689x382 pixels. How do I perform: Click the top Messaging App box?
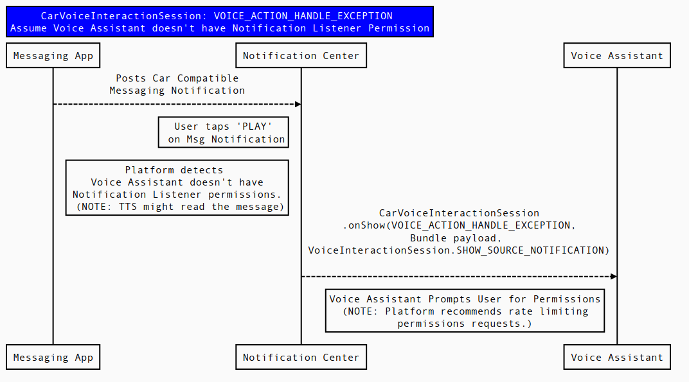[x=53, y=56]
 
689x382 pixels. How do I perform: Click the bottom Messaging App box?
[x=53, y=358]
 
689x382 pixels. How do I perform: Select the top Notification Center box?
[x=301, y=56]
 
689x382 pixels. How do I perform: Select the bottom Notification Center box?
[x=301, y=358]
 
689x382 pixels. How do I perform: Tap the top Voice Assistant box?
[x=617, y=56]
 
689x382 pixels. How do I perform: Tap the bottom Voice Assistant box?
[x=617, y=358]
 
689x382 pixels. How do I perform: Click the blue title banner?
[x=220, y=22]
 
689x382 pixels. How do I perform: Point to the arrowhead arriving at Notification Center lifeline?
[x=298, y=104]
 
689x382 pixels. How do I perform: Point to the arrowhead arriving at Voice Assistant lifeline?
[x=614, y=277]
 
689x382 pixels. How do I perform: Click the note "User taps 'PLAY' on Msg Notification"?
[x=224, y=133]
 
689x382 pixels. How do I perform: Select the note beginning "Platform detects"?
[x=177, y=188]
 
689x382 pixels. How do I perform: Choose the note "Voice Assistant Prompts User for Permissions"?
[x=465, y=311]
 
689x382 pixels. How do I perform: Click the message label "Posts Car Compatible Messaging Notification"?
[x=177, y=85]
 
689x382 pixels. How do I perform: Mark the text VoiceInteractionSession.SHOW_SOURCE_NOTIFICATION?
[x=458, y=250]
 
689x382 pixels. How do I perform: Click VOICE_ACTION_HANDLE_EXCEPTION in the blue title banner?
[x=303, y=16]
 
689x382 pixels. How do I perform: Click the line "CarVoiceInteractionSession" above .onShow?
[x=459, y=213]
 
